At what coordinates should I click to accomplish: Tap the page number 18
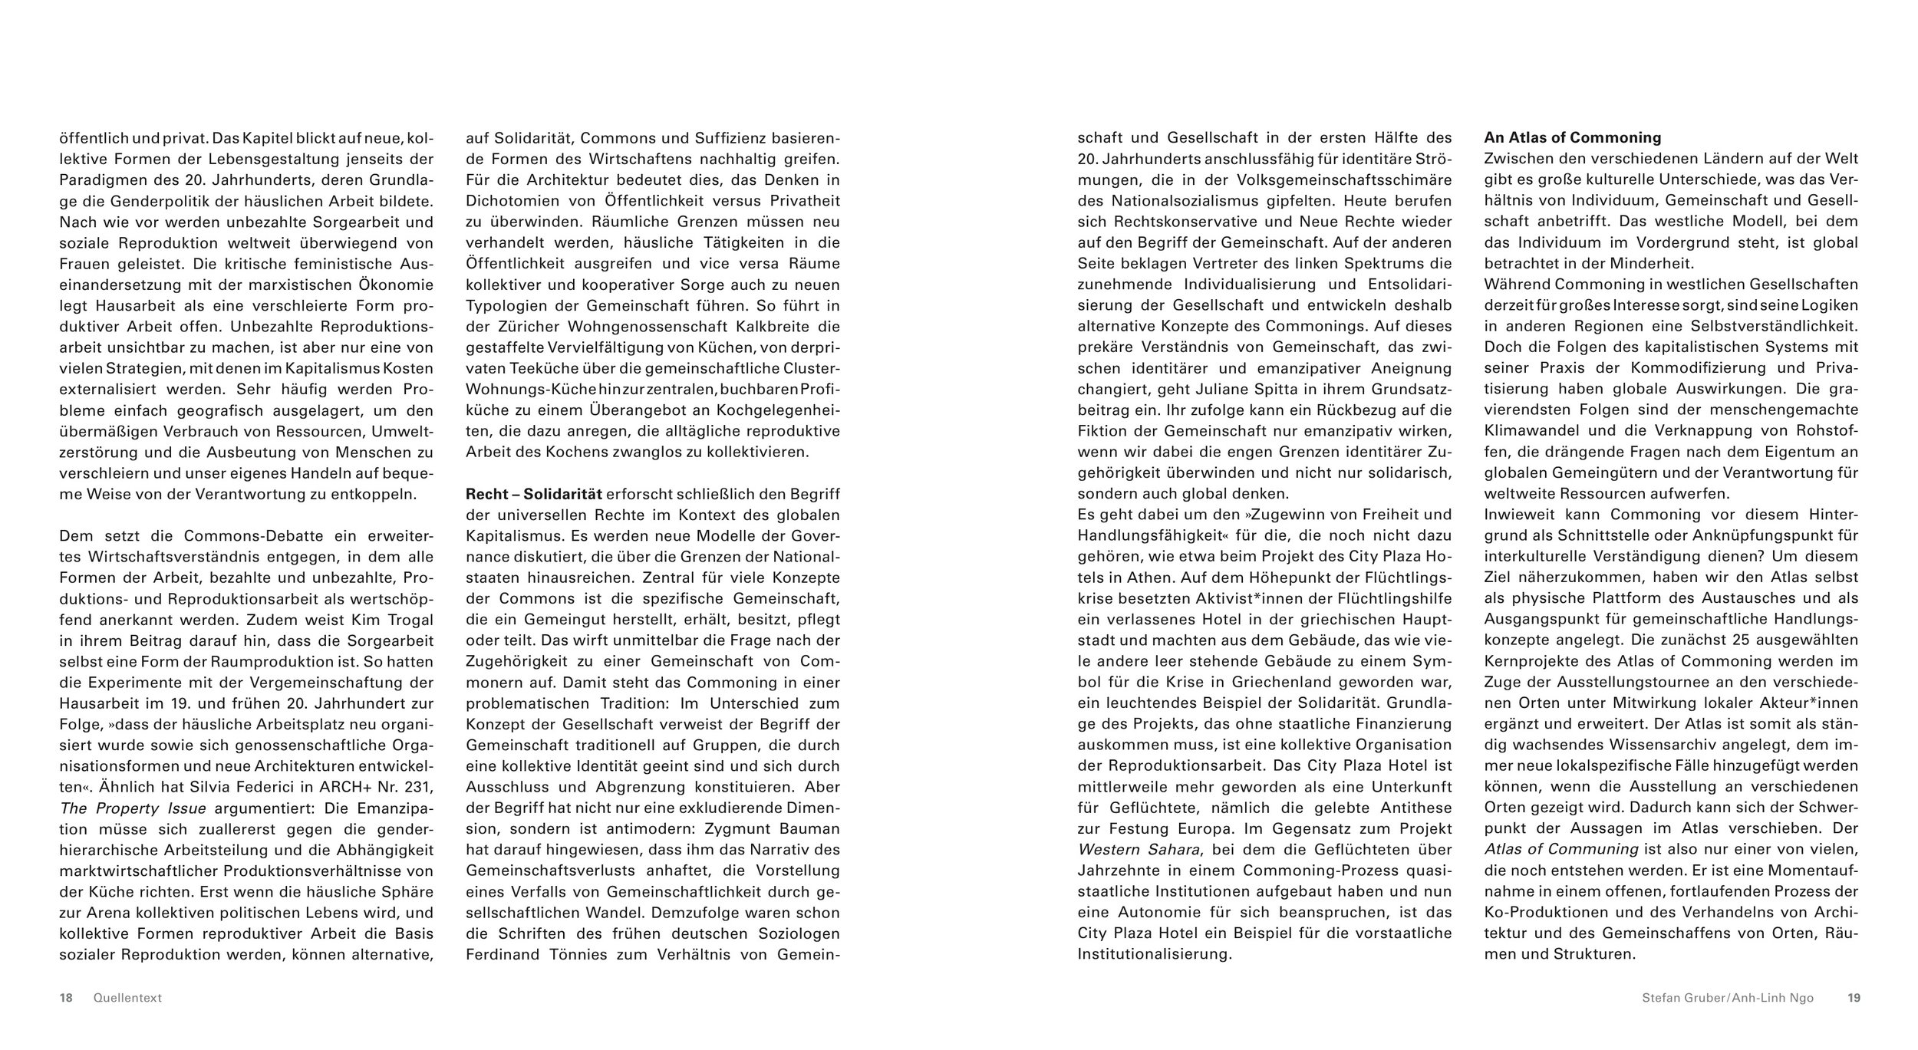click(66, 998)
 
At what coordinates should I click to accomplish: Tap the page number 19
click(1854, 998)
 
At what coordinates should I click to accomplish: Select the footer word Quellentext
click(127, 998)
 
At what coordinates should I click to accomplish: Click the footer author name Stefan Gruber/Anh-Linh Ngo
click(1727, 998)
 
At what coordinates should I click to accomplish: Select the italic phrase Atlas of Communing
click(1561, 850)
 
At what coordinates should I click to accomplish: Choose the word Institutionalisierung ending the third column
click(1154, 955)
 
